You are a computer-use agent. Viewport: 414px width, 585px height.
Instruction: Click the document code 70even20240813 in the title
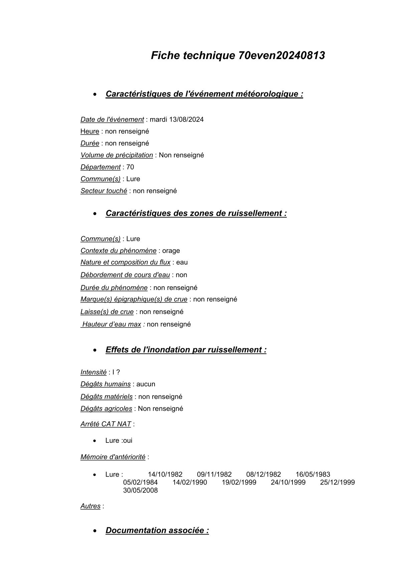click(x=281, y=55)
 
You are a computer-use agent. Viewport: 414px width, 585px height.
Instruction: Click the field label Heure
click(x=90, y=131)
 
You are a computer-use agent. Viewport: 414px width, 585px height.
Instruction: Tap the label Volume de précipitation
click(x=117, y=155)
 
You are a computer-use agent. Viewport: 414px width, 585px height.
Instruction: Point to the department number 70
click(x=130, y=167)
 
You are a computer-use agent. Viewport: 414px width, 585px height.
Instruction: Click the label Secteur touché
click(x=103, y=191)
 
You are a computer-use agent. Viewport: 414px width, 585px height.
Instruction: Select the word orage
click(x=171, y=251)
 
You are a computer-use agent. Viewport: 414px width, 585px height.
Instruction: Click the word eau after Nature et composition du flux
click(x=182, y=262)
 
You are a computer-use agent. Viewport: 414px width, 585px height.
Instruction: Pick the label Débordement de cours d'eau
click(x=125, y=275)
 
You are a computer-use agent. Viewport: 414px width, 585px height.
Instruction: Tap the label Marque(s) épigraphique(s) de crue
click(x=134, y=299)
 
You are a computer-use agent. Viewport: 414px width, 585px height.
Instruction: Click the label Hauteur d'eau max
click(x=112, y=324)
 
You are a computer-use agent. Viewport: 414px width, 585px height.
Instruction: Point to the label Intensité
click(x=93, y=372)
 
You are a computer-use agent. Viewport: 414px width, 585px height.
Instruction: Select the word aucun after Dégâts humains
click(x=146, y=384)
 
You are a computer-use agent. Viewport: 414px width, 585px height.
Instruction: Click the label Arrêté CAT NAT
click(x=106, y=424)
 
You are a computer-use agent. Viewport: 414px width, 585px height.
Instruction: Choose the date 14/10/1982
click(x=165, y=475)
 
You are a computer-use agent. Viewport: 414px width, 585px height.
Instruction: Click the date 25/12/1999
click(x=337, y=483)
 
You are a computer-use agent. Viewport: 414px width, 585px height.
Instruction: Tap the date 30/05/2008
click(x=140, y=491)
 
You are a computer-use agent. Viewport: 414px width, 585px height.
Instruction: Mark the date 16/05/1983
click(x=313, y=475)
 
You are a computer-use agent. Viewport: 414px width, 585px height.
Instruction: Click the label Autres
click(x=90, y=506)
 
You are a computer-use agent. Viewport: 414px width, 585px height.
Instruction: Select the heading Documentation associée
click(x=157, y=531)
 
